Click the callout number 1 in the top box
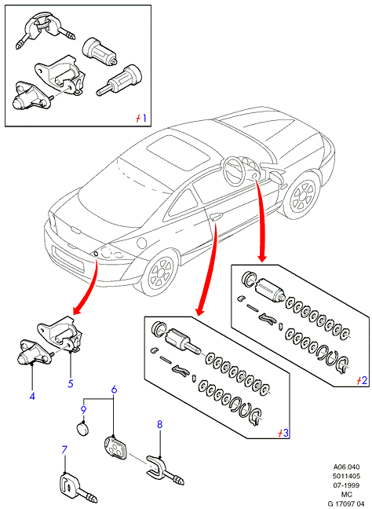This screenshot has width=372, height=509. [144, 118]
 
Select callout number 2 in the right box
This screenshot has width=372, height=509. [364, 380]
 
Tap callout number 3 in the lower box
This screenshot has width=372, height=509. [285, 432]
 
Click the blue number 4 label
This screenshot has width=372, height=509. [32, 396]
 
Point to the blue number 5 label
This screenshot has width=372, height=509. [71, 383]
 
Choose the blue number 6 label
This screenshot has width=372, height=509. [114, 390]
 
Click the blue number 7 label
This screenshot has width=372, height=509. [64, 450]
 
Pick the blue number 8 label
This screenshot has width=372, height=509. [159, 424]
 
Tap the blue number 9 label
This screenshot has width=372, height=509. [83, 410]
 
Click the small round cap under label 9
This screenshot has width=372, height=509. [83, 428]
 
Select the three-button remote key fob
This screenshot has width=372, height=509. [115, 447]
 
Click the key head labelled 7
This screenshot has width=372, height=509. [69, 485]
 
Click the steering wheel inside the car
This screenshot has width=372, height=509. [235, 170]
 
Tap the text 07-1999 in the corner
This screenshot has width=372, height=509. [347, 485]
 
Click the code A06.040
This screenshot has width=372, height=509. [347, 467]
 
